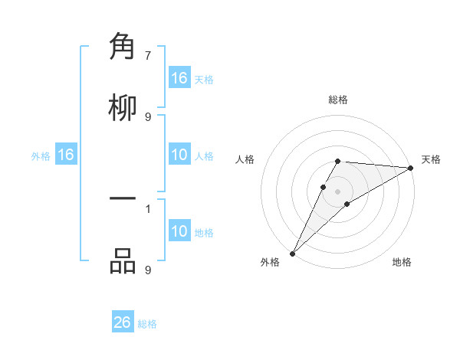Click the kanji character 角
[x=123, y=47]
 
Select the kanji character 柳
[x=123, y=107]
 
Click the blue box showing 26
[x=123, y=322]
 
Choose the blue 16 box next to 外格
[x=66, y=155]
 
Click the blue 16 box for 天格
[x=179, y=78]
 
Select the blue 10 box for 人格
[x=179, y=155]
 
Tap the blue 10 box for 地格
[x=179, y=231]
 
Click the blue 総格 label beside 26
[x=147, y=324]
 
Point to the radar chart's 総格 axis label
[x=338, y=100]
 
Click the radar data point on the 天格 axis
[x=411, y=168]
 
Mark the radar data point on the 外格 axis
[x=292, y=254]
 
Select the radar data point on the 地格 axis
[x=347, y=204]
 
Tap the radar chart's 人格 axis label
[x=245, y=159]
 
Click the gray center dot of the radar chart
[x=338, y=191]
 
